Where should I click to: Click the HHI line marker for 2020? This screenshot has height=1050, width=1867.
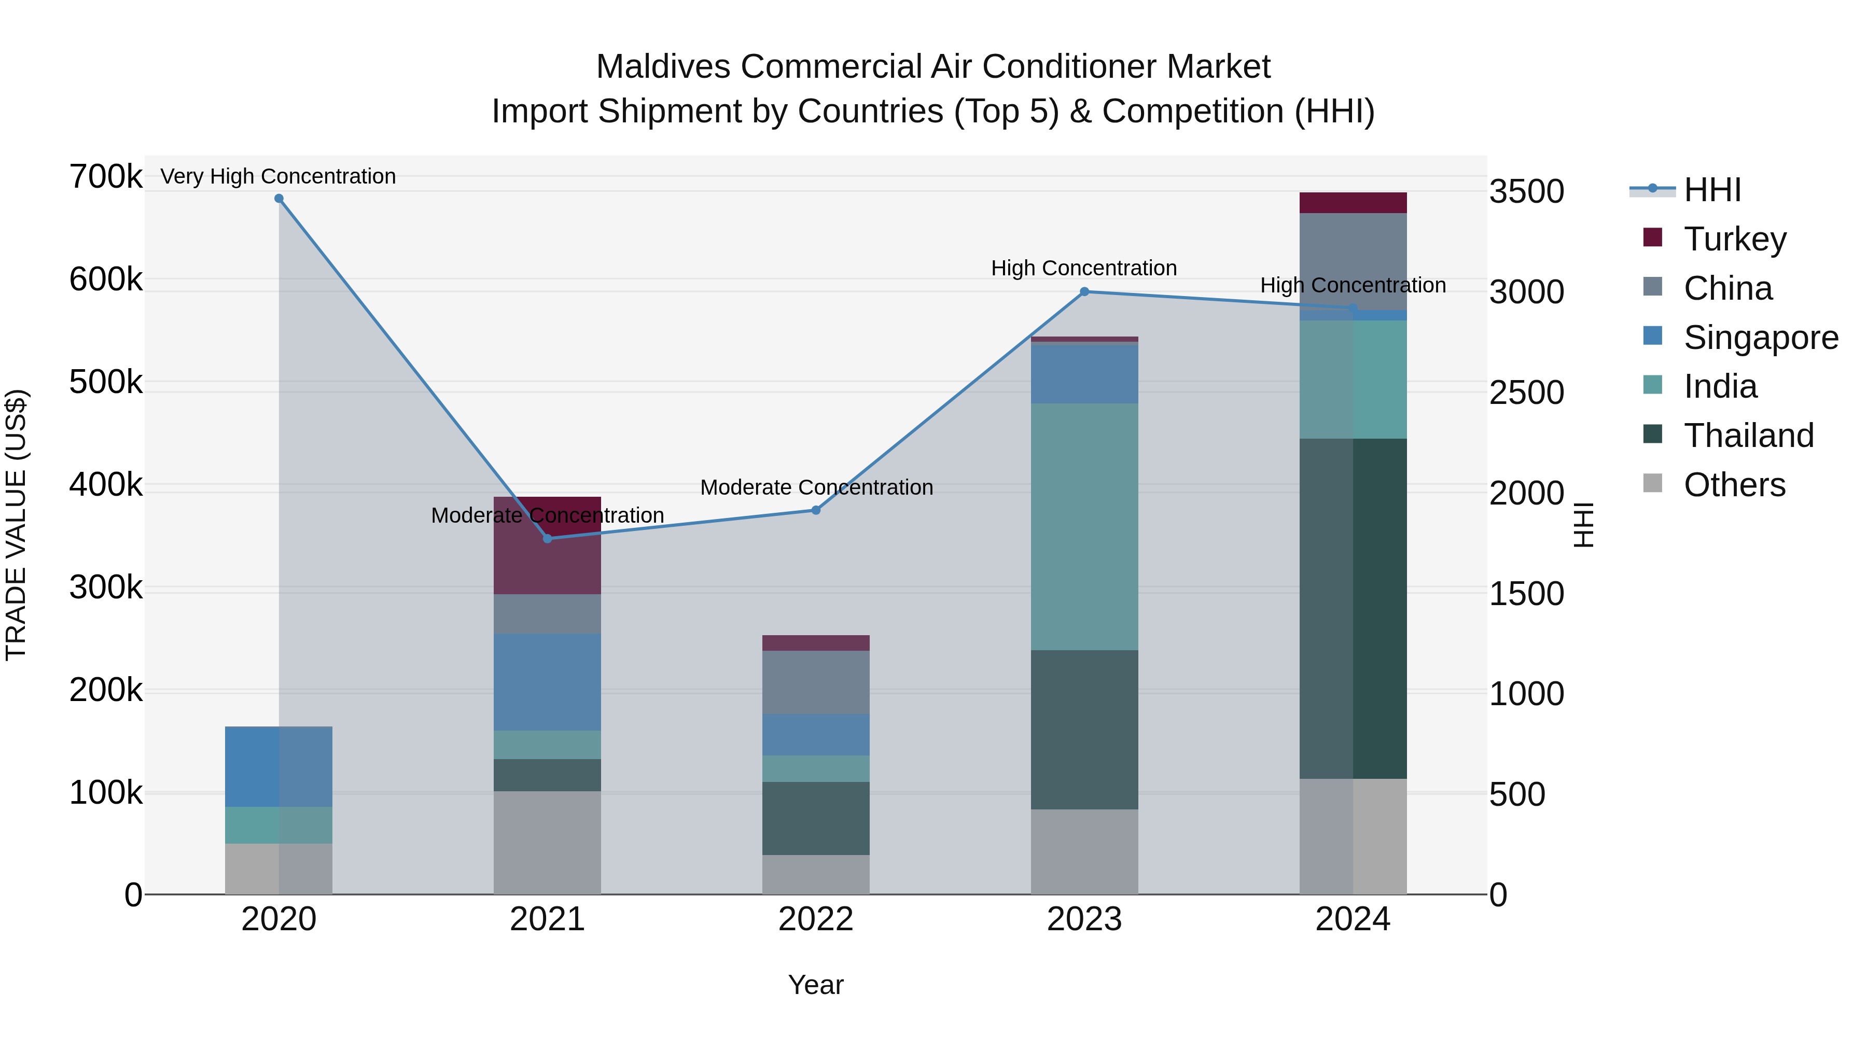point(279,199)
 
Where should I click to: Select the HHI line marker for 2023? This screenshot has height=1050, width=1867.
point(1084,292)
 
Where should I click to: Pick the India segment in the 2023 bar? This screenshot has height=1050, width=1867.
point(1084,527)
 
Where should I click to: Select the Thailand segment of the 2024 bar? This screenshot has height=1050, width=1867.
point(1353,609)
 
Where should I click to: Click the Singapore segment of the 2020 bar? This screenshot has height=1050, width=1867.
point(279,767)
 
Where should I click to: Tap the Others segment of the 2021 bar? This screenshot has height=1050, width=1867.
point(547,843)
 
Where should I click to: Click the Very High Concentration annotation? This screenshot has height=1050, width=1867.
point(278,176)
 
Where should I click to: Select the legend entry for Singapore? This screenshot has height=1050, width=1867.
point(1761,338)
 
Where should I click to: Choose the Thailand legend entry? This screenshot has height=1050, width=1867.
point(1748,436)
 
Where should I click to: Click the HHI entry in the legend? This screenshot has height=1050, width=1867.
point(1712,190)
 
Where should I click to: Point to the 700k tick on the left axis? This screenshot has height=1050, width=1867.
point(106,176)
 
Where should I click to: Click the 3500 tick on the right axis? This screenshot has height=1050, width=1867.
point(1526,192)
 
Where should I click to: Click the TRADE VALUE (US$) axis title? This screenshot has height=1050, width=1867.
point(16,525)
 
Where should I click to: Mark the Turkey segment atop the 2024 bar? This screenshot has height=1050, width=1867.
point(1353,203)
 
